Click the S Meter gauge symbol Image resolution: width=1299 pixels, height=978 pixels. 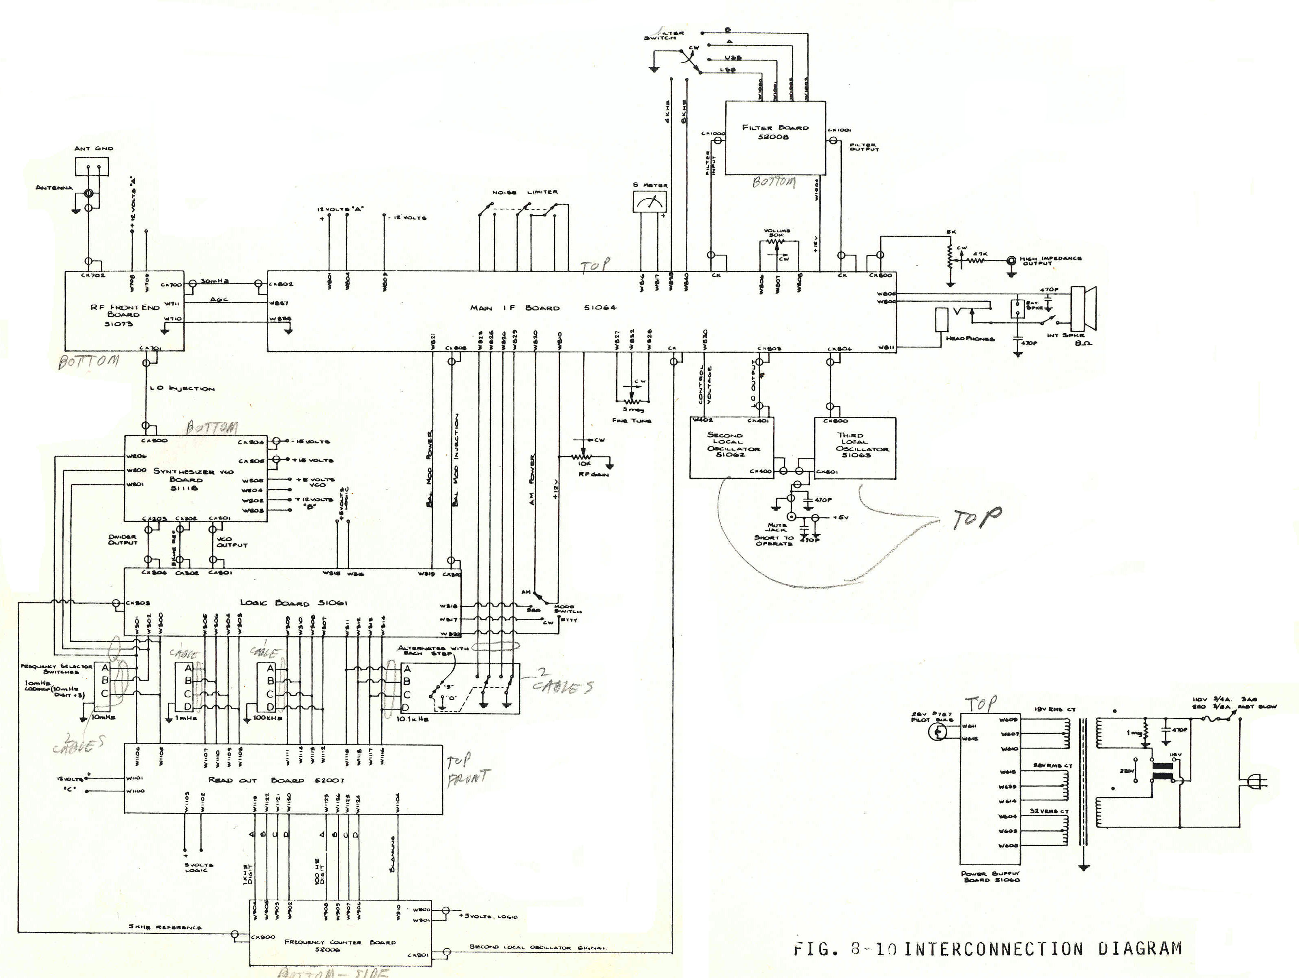[x=649, y=202]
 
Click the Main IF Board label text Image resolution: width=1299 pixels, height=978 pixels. [x=543, y=308]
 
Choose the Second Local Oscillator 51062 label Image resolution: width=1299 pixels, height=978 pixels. [x=731, y=445]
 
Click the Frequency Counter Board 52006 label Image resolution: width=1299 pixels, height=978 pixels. [x=340, y=945]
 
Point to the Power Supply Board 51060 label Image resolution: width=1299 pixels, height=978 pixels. [x=991, y=877]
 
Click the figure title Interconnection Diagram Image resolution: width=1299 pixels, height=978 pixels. [x=987, y=949]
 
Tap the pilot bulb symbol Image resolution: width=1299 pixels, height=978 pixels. [x=938, y=731]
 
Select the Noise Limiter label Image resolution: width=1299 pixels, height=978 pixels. [x=525, y=192]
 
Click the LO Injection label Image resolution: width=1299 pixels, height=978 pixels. [x=182, y=388]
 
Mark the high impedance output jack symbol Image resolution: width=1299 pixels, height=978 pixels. [x=1011, y=260]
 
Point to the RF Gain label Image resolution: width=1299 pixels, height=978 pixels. [x=593, y=474]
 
